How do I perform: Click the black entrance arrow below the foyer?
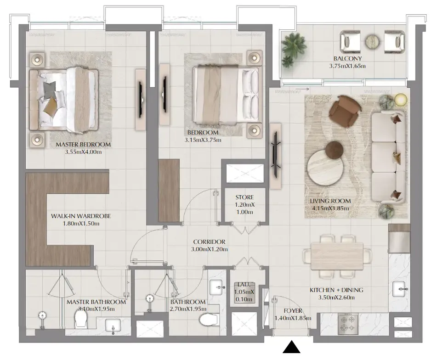[x=291, y=347]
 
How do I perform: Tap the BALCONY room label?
[x=347, y=58]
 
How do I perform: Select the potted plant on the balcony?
[x=294, y=49]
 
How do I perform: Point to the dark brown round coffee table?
[x=335, y=150]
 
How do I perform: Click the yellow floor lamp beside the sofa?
[x=401, y=100]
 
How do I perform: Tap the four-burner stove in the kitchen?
[x=348, y=324]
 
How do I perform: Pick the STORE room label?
[x=244, y=197]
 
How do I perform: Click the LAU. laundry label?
[x=244, y=285]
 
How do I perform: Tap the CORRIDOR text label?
[x=209, y=242]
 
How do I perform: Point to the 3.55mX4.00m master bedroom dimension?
[x=83, y=152]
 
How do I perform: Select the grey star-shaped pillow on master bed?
[x=50, y=90]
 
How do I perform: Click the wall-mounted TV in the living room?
[x=275, y=156]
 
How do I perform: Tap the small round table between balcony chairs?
[x=373, y=42]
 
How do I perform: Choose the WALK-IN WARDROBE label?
[x=81, y=216]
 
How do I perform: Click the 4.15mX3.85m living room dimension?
[x=330, y=208]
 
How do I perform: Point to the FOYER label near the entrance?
[x=293, y=311]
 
